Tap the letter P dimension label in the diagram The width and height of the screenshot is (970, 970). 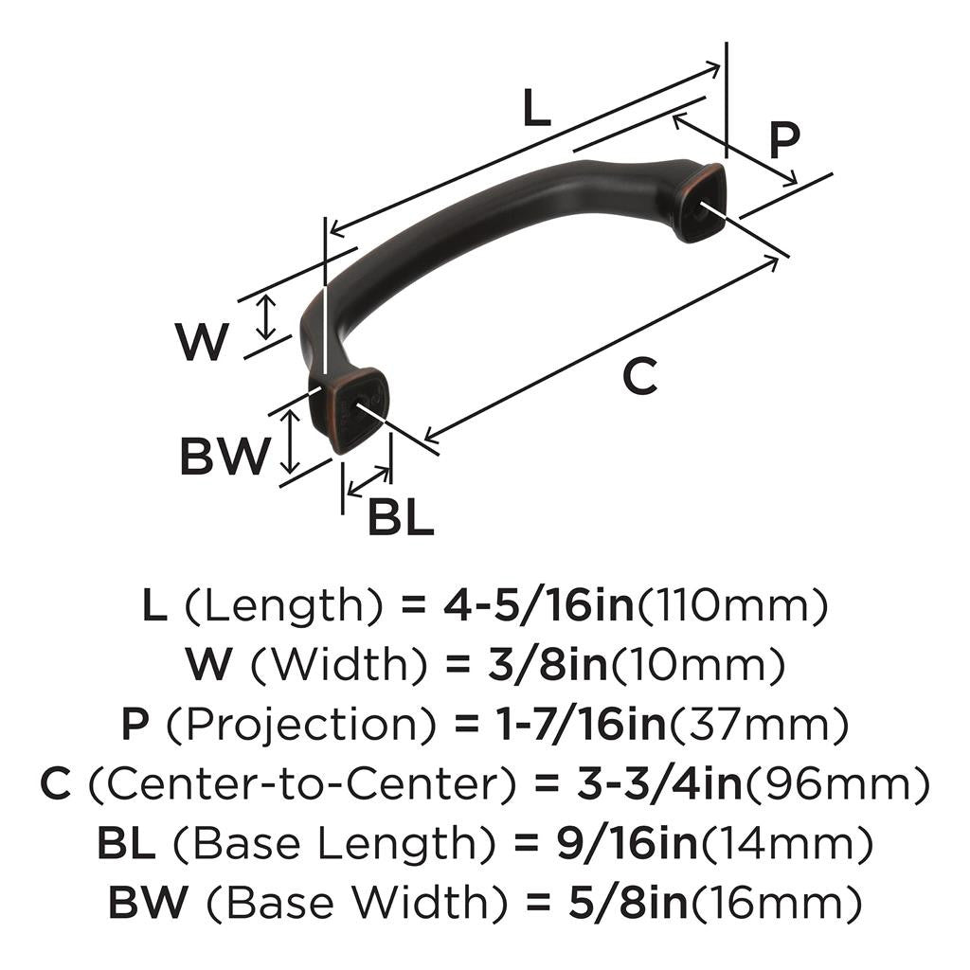(783, 140)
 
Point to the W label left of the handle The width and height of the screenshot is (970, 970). (203, 342)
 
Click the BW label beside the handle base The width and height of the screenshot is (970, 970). (225, 458)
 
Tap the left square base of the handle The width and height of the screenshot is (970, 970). (349, 410)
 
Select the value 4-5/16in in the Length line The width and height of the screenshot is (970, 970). (538, 605)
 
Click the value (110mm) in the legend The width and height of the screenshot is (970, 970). (730, 605)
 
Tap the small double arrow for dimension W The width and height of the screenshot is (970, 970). (268, 316)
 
